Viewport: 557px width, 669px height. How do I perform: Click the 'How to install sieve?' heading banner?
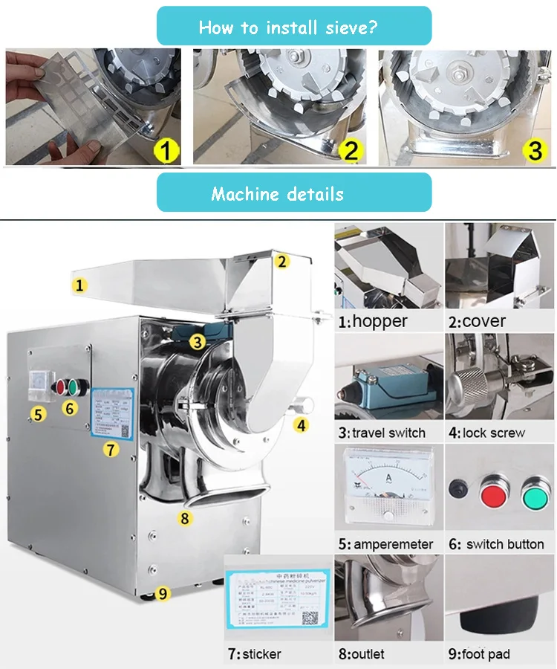(293, 28)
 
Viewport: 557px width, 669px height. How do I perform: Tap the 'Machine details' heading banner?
(293, 194)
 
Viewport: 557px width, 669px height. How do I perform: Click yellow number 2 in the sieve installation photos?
(352, 151)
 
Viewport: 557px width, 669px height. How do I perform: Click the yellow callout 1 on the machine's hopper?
(80, 284)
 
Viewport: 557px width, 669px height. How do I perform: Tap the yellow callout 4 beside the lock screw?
(301, 425)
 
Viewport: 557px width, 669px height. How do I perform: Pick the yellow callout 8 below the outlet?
(186, 517)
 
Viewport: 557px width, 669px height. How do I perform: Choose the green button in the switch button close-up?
(535, 494)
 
